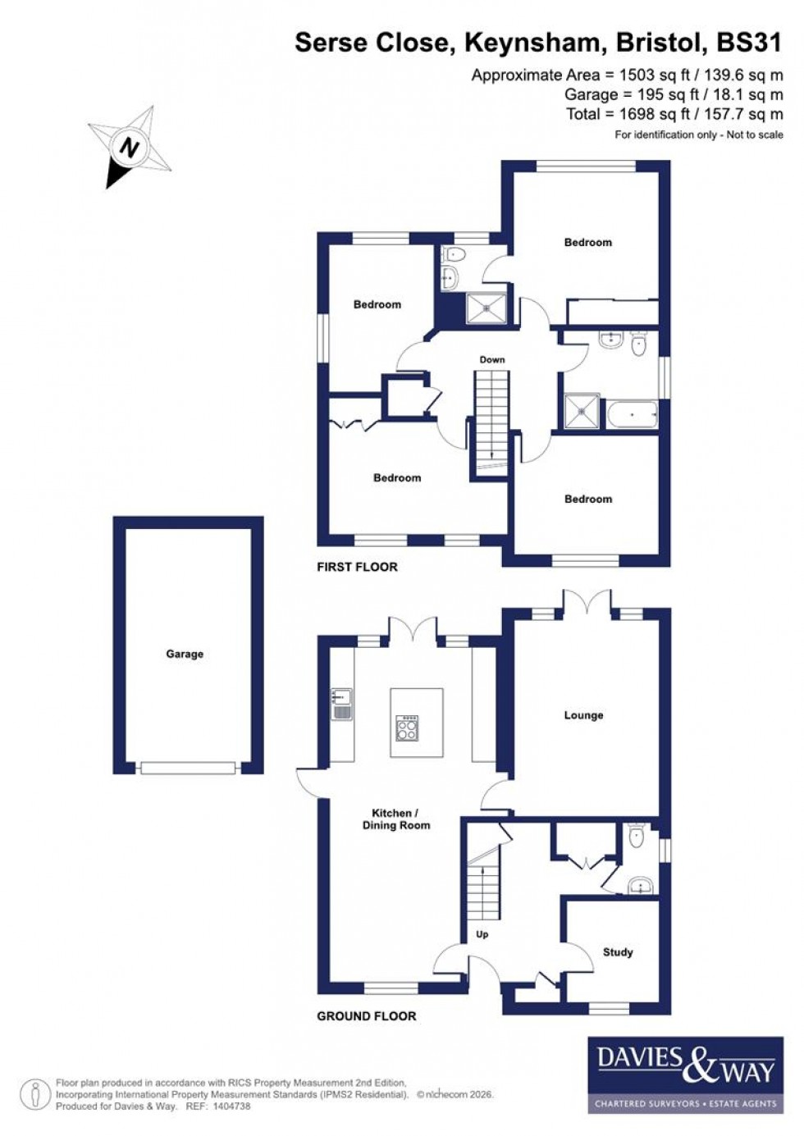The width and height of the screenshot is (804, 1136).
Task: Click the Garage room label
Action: point(185,654)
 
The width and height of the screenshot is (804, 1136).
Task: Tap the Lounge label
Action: point(583,715)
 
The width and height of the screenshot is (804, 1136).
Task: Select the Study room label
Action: point(618,952)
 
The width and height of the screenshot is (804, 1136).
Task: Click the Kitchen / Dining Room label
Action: point(396,819)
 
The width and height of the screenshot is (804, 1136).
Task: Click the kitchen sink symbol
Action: point(341,704)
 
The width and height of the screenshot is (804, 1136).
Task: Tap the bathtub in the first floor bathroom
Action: point(632,414)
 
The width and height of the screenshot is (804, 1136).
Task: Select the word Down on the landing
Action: point(492,359)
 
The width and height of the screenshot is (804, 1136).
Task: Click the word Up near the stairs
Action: point(482,934)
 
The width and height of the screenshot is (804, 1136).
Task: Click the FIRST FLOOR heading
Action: point(357,567)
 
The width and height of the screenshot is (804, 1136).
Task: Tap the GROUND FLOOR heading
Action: point(367,1015)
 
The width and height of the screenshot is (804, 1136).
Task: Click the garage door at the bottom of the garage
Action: point(189,769)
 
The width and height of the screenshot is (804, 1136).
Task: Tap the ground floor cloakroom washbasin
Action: point(639,885)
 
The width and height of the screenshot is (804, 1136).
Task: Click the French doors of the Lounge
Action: point(587,604)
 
